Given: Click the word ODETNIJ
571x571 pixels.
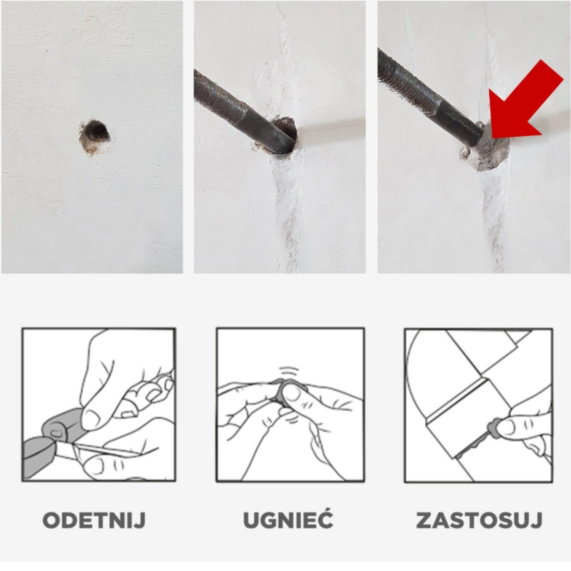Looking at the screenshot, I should [94, 520].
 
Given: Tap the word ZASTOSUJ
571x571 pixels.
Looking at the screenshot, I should [479, 520].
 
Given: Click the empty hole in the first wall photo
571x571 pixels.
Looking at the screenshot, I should [95, 133].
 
